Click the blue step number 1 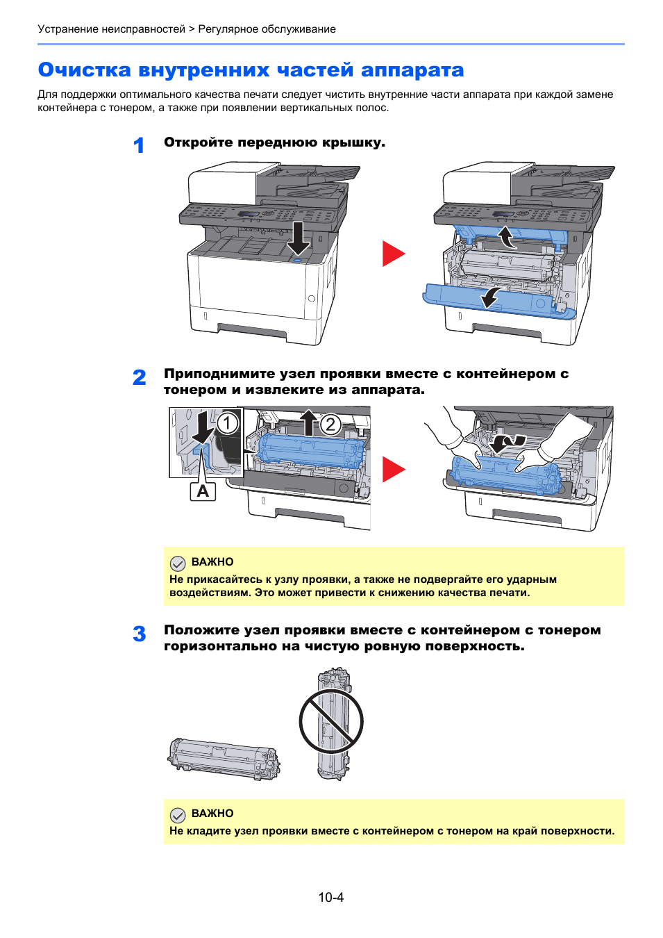coord(139,145)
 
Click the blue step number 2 coord(140,377)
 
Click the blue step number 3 coord(140,634)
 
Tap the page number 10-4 coord(331,897)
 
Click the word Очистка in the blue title coord(84,70)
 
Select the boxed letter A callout coord(203,491)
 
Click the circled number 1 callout coord(227,423)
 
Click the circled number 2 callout coord(330,424)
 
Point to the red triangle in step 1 coord(392,254)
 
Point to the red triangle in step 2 coord(392,470)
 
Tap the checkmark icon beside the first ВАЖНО coord(178,563)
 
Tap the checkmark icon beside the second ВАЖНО coord(178,814)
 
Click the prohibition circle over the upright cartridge coord(331,721)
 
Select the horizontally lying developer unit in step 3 coord(224,759)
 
